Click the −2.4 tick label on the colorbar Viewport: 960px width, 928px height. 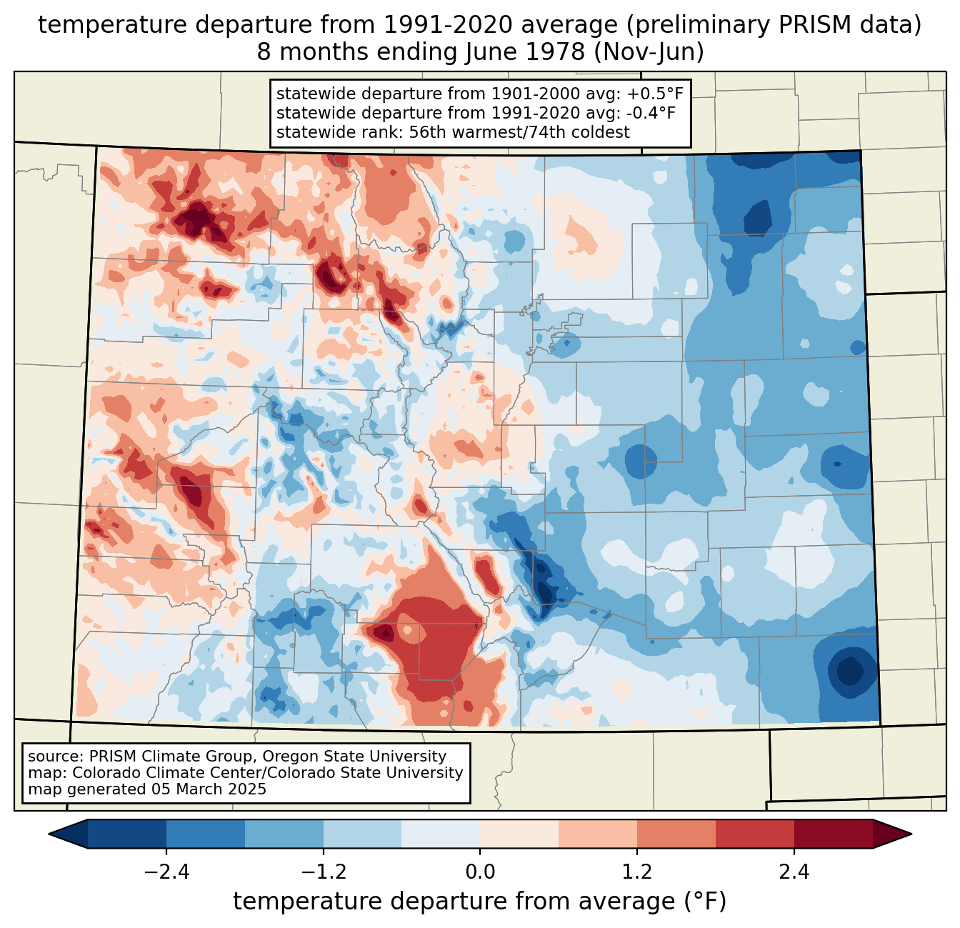coord(166,872)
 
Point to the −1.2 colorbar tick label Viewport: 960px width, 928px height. coord(323,872)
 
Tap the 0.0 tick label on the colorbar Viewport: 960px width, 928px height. coord(480,872)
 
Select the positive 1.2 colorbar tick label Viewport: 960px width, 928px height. coord(637,872)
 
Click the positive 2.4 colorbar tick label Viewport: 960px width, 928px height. coord(794,872)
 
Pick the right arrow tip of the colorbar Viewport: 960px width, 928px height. coord(909,834)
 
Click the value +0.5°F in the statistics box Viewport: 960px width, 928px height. coord(655,94)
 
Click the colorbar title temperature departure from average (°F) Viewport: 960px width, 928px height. coord(480,902)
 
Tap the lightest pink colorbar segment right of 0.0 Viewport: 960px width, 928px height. coord(519,834)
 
